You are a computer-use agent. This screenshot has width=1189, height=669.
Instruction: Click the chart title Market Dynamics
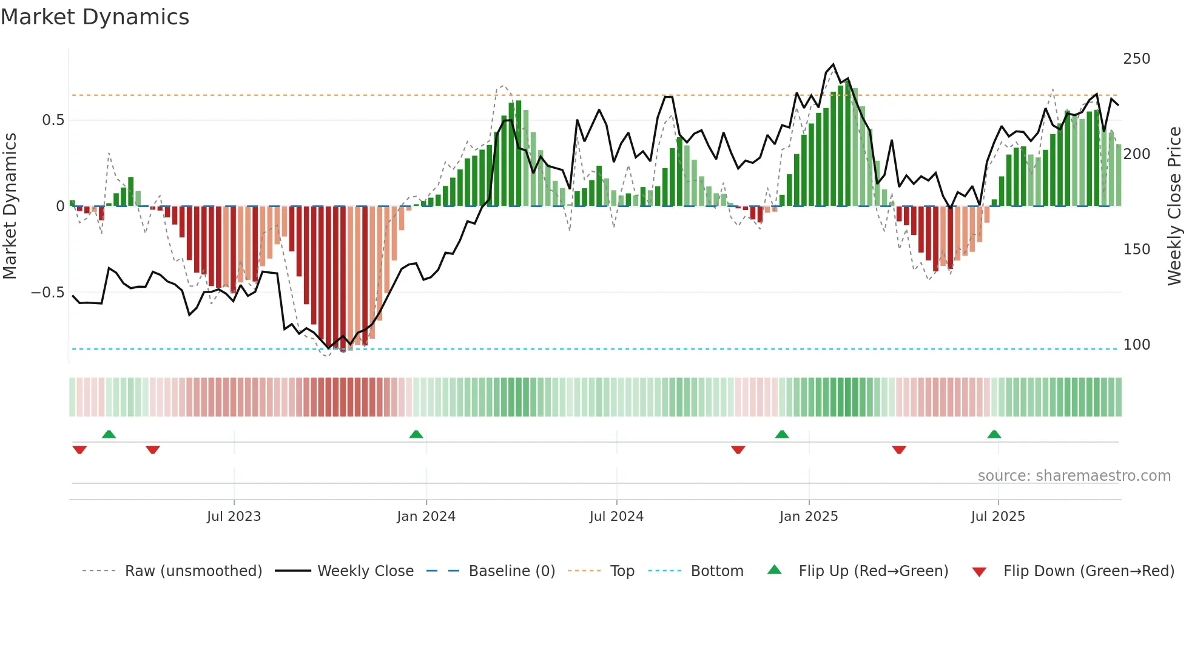pyautogui.click(x=95, y=17)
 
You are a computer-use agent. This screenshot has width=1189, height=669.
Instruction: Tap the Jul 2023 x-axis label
pyautogui.click(x=234, y=517)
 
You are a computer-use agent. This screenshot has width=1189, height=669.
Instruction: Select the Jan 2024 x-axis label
pyautogui.click(x=426, y=517)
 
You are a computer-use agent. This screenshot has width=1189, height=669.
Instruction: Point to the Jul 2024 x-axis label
pyautogui.click(x=616, y=517)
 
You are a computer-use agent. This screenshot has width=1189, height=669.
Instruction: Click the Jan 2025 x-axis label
pyautogui.click(x=809, y=517)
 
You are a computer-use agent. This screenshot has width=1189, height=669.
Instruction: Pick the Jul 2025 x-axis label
pyautogui.click(x=998, y=517)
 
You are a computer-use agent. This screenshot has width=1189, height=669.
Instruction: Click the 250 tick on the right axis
pyautogui.click(x=1136, y=59)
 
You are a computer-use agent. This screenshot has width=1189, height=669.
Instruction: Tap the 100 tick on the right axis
pyautogui.click(x=1136, y=345)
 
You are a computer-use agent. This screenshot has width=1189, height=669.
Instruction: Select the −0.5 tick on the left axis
pyautogui.click(x=47, y=293)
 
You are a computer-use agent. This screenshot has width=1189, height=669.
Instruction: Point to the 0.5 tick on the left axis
pyautogui.click(x=53, y=120)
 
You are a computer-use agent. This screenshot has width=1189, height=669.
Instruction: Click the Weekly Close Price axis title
pyautogui.click(x=1174, y=206)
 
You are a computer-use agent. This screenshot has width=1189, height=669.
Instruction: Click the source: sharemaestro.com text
pyautogui.click(x=1074, y=476)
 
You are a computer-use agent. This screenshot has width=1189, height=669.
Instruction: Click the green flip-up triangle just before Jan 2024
pyautogui.click(x=416, y=435)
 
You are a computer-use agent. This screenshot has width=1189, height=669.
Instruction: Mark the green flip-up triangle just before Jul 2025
pyautogui.click(x=994, y=435)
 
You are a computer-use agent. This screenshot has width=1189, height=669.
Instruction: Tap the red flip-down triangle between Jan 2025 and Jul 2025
pyautogui.click(x=899, y=450)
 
